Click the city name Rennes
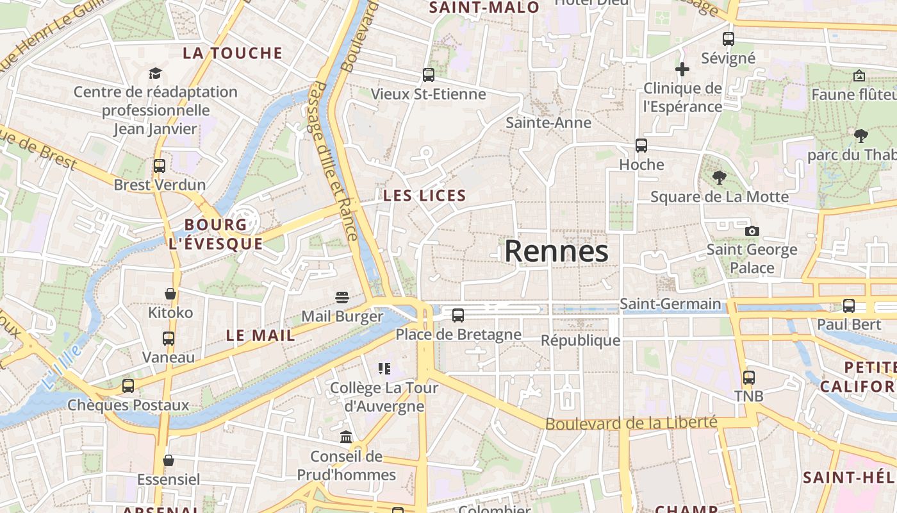point(556,251)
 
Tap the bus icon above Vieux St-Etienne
point(429,75)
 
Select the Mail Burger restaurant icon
point(342,298)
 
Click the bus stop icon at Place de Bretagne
point(457,315)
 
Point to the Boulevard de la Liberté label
point(631,423)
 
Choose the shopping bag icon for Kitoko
point(170,294)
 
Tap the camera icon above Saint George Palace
point(752,231)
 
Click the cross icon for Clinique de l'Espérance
point(682,69)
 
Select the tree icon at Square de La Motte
point(720,178)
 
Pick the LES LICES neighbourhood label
point(425,196)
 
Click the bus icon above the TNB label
point(748,378)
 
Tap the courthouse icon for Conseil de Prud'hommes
point(346,437)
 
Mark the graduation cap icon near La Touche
point(155,73)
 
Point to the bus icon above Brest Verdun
point(160,166)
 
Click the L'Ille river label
point(62,367)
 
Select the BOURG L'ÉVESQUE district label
point(215,234)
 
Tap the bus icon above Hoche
point(641,146)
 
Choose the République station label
point(580,340)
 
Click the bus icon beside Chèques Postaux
point(128,385)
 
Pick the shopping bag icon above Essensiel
point(169,460)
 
